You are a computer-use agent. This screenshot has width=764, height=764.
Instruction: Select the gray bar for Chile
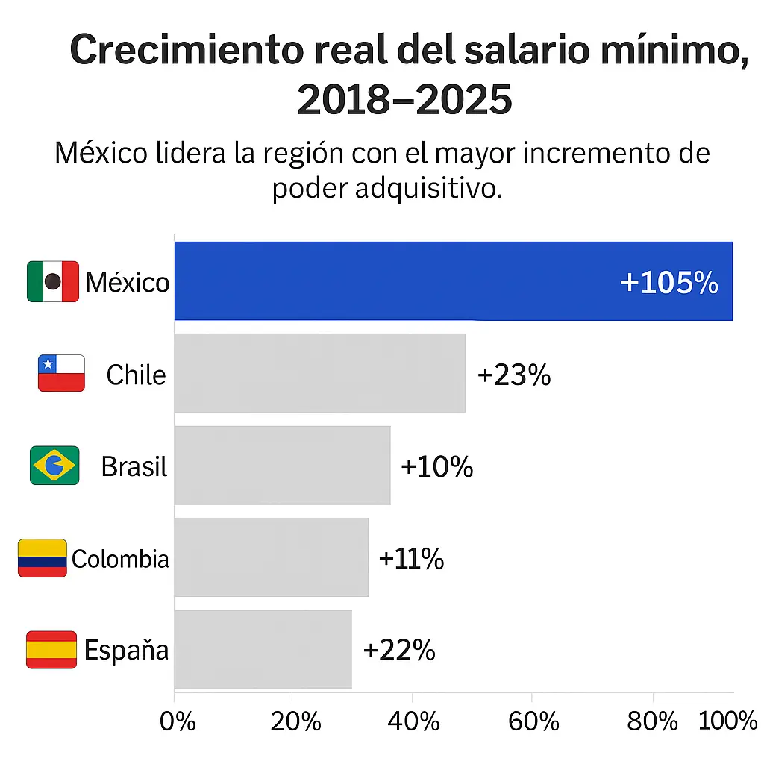tap(319, 373)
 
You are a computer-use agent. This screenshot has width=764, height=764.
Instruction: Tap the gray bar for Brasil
tap(282, 466)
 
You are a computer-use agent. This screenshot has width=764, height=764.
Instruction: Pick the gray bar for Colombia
tap(271, 557)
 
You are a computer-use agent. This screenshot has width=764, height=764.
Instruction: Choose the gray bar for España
tap(263, 649)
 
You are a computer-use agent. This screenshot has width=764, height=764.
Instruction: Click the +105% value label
tap(668, 283)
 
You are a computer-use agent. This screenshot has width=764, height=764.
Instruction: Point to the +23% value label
tap(513, 375)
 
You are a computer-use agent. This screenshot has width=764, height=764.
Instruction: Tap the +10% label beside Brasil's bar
tap(436, 466)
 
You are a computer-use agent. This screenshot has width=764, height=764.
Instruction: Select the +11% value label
tap(411, 558)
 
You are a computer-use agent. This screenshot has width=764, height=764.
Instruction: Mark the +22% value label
tap(398, 650)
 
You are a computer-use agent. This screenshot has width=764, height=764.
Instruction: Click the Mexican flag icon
tap(52, 281)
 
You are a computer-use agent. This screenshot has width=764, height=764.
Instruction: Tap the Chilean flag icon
tap(61, 373)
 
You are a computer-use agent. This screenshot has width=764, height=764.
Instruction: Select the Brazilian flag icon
tap(54, 466)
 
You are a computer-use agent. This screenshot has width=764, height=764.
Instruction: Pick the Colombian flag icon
tap(43, 557)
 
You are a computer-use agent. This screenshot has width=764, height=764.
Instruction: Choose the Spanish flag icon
tap(51, 649)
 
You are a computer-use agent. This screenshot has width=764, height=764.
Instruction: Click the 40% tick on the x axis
tap(413, 721)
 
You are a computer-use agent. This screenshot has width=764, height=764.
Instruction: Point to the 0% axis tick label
tap(178, 721)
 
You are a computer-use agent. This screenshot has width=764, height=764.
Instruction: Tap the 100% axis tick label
tap(727, 721)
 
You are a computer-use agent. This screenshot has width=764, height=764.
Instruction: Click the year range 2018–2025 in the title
tap(404, 100)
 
